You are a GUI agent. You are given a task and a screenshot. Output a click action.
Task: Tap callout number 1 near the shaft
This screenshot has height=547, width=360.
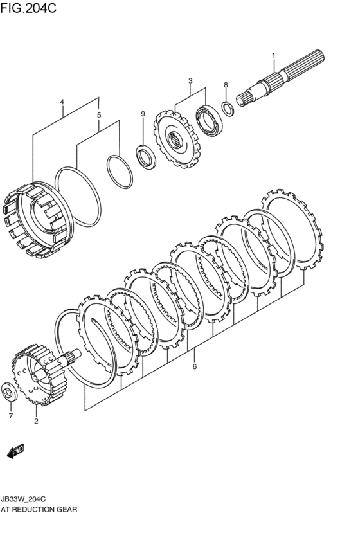click(273, 55)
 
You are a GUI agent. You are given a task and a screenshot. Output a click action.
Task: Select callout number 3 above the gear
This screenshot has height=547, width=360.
click(190, 81)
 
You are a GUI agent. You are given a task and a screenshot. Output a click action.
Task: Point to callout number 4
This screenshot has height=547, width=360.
click(62, 102)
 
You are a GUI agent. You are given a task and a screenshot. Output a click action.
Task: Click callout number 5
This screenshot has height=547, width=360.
click(98, 116)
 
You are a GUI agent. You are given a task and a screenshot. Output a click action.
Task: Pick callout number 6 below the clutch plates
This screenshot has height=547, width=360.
click(194, 367)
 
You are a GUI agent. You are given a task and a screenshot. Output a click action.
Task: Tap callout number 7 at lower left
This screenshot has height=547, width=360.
click(10, 416)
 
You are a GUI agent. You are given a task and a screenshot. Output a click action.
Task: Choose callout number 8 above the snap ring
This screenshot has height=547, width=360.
click(226, 85)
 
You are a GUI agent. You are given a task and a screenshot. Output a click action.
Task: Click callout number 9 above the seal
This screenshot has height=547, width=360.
click(143, 114)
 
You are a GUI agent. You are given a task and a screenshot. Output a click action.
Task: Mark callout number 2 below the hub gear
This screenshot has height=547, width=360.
click(36, 422)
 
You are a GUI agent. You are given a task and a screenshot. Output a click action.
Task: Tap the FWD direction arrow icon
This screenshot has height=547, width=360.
click(15, 451)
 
